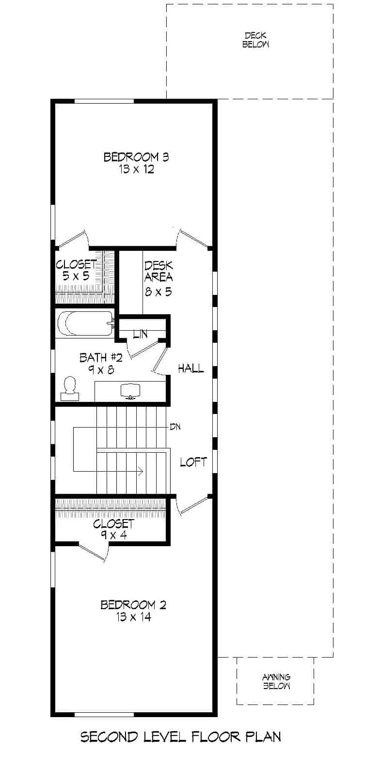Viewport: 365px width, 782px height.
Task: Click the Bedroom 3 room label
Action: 136,157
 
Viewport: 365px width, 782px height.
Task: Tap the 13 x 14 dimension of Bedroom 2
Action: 133,617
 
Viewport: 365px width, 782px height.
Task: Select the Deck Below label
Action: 255,40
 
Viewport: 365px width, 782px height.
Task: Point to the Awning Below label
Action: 276,681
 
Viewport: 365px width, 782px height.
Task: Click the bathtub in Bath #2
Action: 84,323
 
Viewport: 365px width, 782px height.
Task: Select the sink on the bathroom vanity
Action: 129,391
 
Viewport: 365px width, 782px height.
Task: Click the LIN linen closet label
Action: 140,334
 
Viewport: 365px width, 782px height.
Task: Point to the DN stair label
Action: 175,427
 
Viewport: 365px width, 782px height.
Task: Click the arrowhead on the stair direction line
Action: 141,471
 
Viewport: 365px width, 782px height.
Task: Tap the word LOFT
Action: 193,462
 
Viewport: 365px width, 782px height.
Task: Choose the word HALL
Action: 190,368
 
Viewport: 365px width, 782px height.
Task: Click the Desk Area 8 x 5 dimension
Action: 158,291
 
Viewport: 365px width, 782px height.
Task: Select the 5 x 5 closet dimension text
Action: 76,277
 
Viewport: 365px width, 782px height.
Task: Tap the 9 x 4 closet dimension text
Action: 113,535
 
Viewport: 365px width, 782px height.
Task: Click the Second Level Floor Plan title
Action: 180,737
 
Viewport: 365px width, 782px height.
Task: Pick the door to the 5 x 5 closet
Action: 71,239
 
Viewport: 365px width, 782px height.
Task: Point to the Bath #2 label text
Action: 101,357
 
